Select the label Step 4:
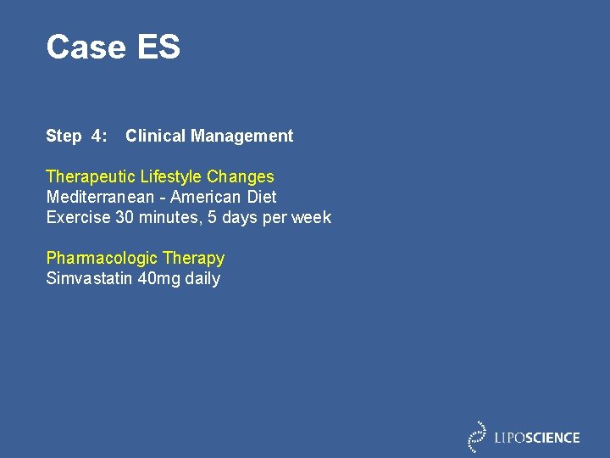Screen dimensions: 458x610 [76, 136]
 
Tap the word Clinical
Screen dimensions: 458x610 [156, 136]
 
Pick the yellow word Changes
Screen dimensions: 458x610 [241, 176]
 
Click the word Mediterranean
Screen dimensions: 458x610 [100, 197]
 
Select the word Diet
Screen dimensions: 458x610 [262, 197]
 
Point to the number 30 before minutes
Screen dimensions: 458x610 [125, 217]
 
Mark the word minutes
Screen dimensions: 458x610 [166, 217]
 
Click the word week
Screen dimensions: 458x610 [311, 217]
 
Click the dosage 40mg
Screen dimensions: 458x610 [158, 278]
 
